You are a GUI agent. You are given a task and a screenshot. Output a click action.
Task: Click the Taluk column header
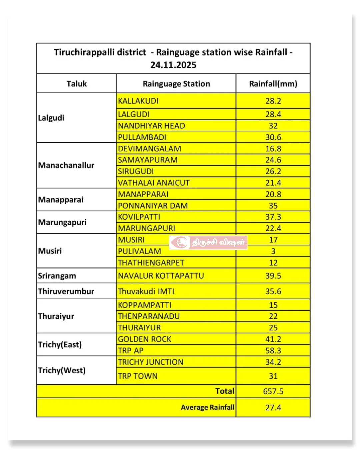click(x=76, y=84)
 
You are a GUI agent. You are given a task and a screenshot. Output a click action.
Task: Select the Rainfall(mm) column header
click(x=273, y=84)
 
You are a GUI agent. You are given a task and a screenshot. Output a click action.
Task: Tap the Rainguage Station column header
click(x=176, y=84)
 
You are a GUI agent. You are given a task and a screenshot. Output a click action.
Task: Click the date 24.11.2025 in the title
click(x=173, y=65)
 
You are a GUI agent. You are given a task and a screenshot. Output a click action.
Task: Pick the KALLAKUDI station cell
click(x=138, y=101)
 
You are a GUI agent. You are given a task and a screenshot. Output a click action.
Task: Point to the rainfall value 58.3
click(x=273, y=351)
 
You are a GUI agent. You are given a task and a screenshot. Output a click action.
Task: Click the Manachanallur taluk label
click(x=66, y=165)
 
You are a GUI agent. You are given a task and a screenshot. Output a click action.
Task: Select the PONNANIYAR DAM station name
click(x=153, y=206)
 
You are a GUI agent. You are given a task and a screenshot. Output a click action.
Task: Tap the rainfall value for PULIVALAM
click(x=273, y=251)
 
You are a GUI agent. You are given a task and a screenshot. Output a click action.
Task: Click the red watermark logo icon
click(x=182, y=242)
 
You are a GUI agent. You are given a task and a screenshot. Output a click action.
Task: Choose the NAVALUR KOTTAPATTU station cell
click(x=161, y=276)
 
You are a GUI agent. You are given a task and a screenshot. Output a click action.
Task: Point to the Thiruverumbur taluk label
click(x=66, y=291)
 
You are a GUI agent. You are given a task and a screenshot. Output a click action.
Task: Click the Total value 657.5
click(x=273, y=391)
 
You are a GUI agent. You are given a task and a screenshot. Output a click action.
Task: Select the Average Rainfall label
click(x=207, y=407)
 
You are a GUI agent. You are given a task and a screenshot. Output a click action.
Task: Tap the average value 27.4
click(x=273, y=407)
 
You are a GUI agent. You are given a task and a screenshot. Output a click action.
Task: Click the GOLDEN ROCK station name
click(x=144, y=339)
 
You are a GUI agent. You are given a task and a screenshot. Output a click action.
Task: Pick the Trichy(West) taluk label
click(x=62, y=370)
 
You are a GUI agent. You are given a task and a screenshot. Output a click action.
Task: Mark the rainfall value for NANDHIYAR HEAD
click(x=273, y=126)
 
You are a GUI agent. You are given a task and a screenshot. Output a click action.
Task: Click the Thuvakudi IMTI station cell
click(x=146, y=291)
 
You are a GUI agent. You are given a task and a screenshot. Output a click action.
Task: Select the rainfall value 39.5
click(x=273, y=276)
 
